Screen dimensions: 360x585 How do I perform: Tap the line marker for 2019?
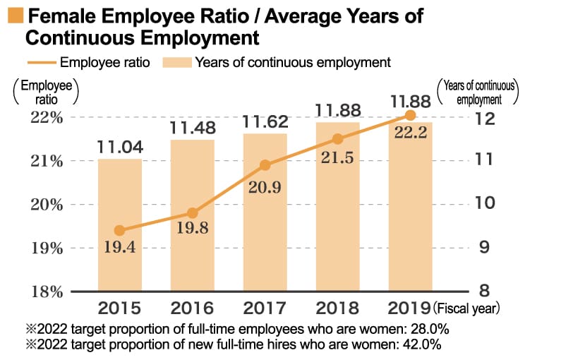410,115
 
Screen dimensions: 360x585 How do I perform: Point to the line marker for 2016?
192,212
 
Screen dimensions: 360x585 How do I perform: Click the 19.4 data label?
119,248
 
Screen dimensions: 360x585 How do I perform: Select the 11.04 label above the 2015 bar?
120,147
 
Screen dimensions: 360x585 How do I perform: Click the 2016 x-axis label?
192,308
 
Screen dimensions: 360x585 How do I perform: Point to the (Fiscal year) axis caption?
466,308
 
